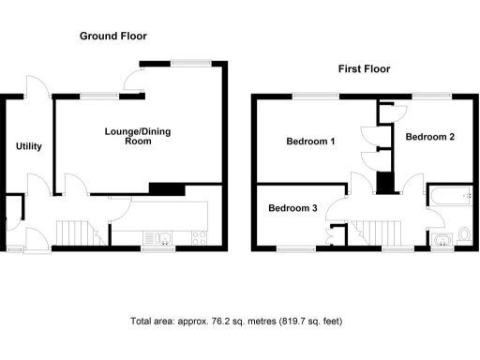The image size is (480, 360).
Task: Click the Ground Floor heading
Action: point(112,37)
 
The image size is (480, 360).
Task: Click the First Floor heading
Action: point(364,69)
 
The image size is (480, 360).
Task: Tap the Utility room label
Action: point(29,147)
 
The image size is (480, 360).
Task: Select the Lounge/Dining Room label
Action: point(137,137)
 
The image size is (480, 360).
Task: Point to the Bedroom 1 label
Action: point(311,142)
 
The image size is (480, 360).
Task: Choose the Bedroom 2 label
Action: point(429,137)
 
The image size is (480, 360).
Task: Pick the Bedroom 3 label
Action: point(292,208)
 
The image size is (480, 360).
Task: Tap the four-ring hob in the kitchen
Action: point(198,235)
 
